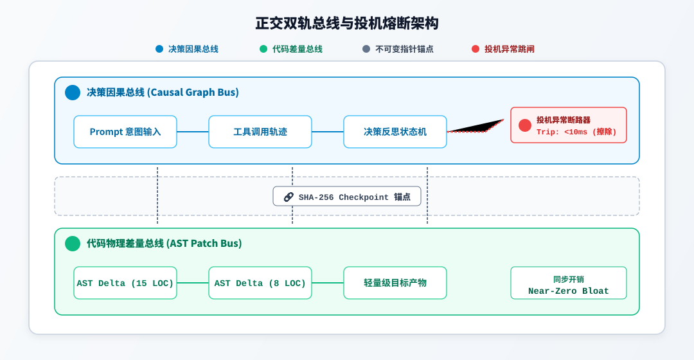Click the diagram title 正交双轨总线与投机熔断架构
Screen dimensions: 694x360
346,23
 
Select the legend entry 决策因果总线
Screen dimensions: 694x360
187,49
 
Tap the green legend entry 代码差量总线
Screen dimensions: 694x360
291,49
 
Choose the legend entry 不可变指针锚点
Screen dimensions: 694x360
398,49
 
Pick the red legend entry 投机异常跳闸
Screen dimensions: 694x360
503,49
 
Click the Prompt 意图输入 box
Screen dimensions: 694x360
125,132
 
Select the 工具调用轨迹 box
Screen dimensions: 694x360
260,132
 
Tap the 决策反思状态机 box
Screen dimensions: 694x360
395,132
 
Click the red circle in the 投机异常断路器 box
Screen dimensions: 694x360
525,125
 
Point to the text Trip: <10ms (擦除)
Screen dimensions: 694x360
576,132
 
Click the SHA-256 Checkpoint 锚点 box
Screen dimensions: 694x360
347,197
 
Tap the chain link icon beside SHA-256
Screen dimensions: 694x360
289,197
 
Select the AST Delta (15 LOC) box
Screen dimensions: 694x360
125,283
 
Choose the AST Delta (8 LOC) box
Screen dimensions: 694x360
260,283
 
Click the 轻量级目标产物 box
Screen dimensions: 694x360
395,283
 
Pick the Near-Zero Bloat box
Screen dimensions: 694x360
569,283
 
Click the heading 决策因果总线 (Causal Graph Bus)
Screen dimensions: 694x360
163,93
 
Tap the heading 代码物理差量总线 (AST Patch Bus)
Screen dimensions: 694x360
165,244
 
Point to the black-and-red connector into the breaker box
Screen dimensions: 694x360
476,127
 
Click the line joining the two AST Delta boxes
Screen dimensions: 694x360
193,283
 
